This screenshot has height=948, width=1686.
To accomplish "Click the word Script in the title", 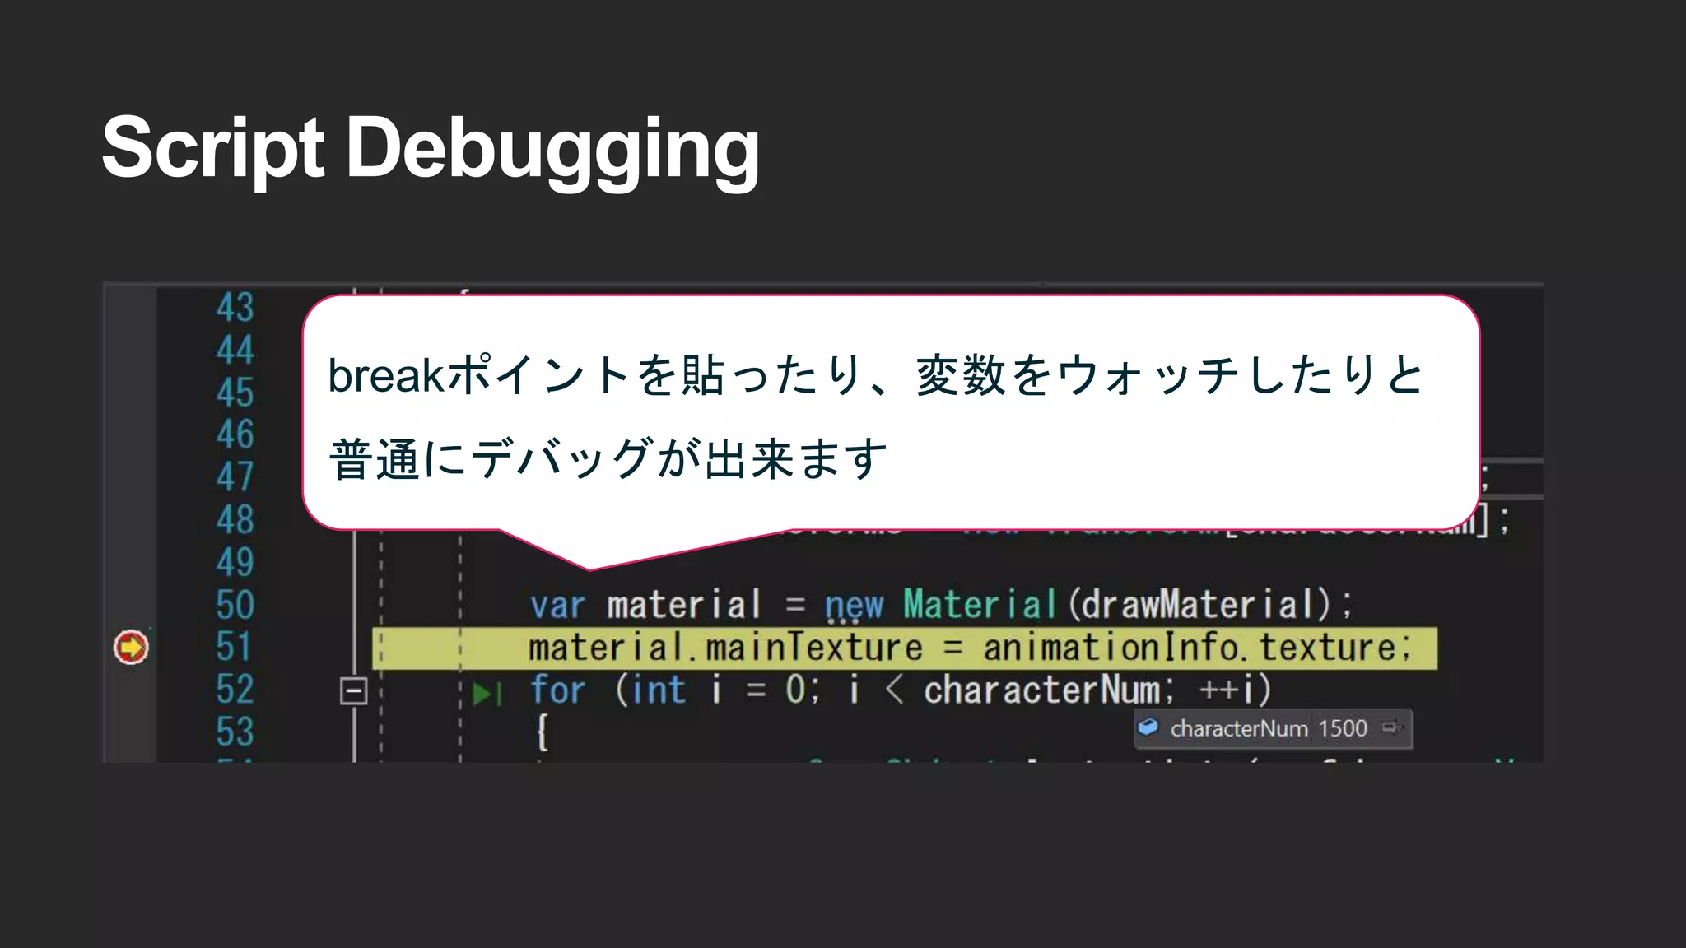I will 212,148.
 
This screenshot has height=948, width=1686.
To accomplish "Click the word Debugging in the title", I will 552,150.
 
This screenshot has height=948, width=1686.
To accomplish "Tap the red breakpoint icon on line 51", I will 131,647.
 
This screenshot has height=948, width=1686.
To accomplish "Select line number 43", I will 235,308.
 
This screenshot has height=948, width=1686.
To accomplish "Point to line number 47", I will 235,476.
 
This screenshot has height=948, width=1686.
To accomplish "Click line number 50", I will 235,605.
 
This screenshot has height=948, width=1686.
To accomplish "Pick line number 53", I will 235,732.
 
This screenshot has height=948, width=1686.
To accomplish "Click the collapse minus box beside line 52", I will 353,691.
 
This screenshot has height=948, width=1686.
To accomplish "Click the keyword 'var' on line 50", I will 557,606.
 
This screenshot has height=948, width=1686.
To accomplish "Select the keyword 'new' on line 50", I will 854,606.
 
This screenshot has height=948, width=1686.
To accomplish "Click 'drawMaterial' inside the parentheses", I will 1199,604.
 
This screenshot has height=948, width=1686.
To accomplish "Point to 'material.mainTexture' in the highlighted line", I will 724,647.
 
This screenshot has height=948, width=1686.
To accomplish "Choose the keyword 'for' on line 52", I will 557,690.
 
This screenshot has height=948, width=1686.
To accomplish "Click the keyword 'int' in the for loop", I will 658,690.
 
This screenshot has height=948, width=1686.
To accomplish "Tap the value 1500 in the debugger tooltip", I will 1342,728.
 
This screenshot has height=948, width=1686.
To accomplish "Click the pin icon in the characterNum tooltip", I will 1390,727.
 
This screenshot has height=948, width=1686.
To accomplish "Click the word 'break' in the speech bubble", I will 386,376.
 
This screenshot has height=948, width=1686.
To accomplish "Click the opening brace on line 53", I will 542,731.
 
